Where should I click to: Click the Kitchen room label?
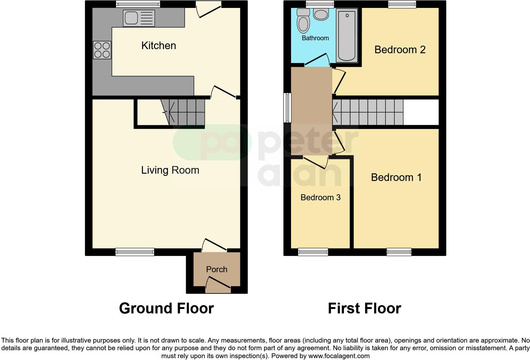158,46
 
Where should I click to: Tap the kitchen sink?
139,18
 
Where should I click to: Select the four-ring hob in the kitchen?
102,50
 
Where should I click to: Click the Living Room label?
170,170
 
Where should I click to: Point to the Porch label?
217,269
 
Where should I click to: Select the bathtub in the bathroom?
347,35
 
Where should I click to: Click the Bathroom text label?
315,38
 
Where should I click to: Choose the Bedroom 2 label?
400,50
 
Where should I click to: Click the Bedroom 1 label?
396,177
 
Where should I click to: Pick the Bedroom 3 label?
320,197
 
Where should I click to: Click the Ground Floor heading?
166,308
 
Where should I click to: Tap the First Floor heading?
364,308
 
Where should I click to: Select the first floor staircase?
368,112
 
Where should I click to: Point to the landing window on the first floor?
287,108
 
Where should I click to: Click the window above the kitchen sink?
138,4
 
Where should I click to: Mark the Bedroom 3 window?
313,252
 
